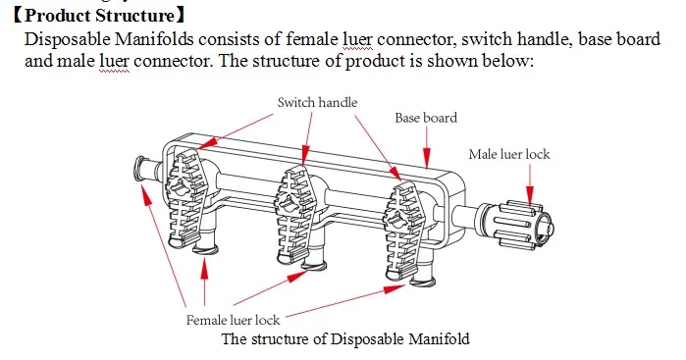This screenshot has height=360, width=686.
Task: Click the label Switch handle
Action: [x=317, y=102]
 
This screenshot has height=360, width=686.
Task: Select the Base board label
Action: [x=426, y=118]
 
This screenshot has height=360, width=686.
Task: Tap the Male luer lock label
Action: [x=509, y=154]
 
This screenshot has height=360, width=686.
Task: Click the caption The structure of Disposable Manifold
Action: [x=345, y=339]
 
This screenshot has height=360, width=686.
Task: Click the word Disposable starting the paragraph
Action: [x=61, y=40]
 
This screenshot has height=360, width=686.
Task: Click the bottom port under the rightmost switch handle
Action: [x=422, y=281]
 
